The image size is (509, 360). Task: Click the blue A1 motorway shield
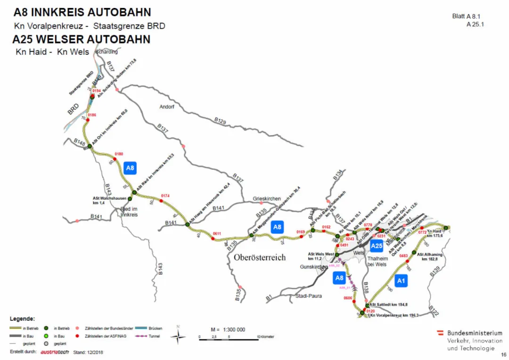pyautogui.click(x=401, y=281)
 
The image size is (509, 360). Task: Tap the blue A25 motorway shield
pyautogui.click(x=376, y=245)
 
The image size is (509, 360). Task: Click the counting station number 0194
pyautogui.click(x=97, y=90)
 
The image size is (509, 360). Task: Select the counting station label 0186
pyautogui.click(x=92, y=115)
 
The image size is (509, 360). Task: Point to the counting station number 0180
pyautogui.click(x=119, y=154)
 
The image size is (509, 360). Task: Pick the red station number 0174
pyautogui.click(x=165, y=196)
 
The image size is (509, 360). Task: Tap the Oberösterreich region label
pyautogui.click(x=260, y=258)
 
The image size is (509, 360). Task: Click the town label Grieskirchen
pyautogui.click(x=267, y=199)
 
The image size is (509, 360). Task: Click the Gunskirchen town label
pyautogui.click(x=313, y=267)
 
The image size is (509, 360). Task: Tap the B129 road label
pyautogui.click(x=220, y=121)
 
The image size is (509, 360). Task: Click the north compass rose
pyautogui.click(x=178, y=335)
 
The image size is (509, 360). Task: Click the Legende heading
pyautogui.click(x=22, y=319)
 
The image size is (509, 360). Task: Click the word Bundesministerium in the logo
pyautogui.click(x=475, y=333)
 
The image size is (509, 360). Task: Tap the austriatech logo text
pyautogui.click(x=55, y=352)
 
